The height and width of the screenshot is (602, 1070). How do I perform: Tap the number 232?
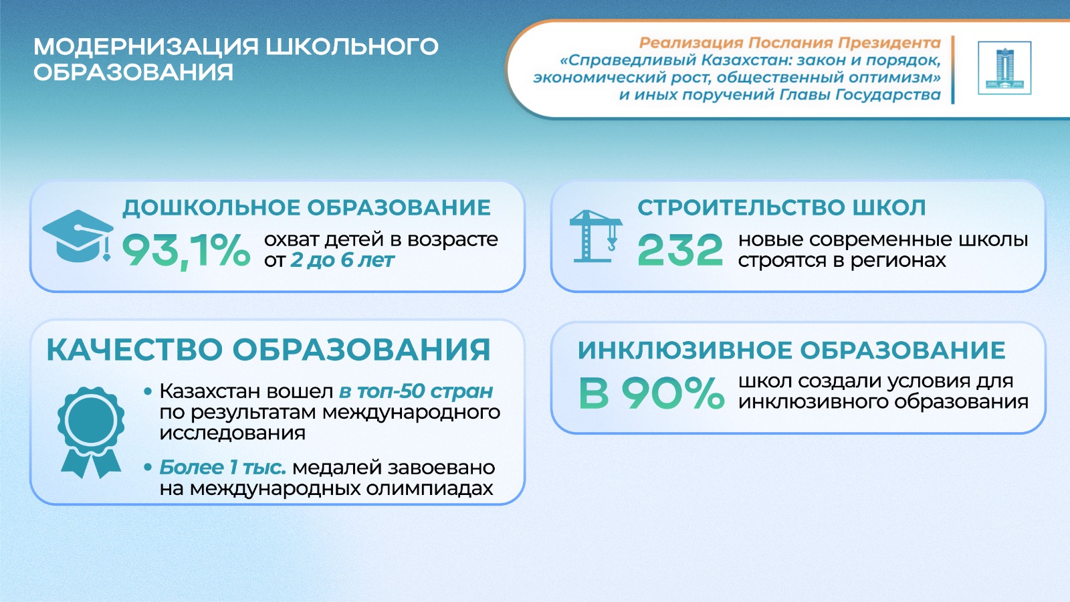679,250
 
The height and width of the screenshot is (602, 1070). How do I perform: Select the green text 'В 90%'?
651,393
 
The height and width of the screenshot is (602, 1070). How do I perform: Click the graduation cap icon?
78,236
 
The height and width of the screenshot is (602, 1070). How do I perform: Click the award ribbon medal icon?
91,432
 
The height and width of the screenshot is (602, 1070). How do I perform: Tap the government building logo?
1004,68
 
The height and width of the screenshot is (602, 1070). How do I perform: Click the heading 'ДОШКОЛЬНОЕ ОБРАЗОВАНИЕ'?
307,208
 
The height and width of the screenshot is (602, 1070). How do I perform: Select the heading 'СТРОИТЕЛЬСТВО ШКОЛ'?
782,208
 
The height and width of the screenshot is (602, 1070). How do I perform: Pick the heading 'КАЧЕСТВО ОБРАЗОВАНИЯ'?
268,350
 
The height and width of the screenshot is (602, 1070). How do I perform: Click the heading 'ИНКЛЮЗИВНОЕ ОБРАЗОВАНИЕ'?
792,350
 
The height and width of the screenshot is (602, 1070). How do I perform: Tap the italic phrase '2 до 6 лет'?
342,261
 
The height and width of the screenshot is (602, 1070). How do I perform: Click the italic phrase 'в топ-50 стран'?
415,391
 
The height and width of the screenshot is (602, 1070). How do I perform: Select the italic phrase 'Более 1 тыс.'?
223,468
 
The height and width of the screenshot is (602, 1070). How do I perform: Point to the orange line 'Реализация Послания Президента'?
790,43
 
